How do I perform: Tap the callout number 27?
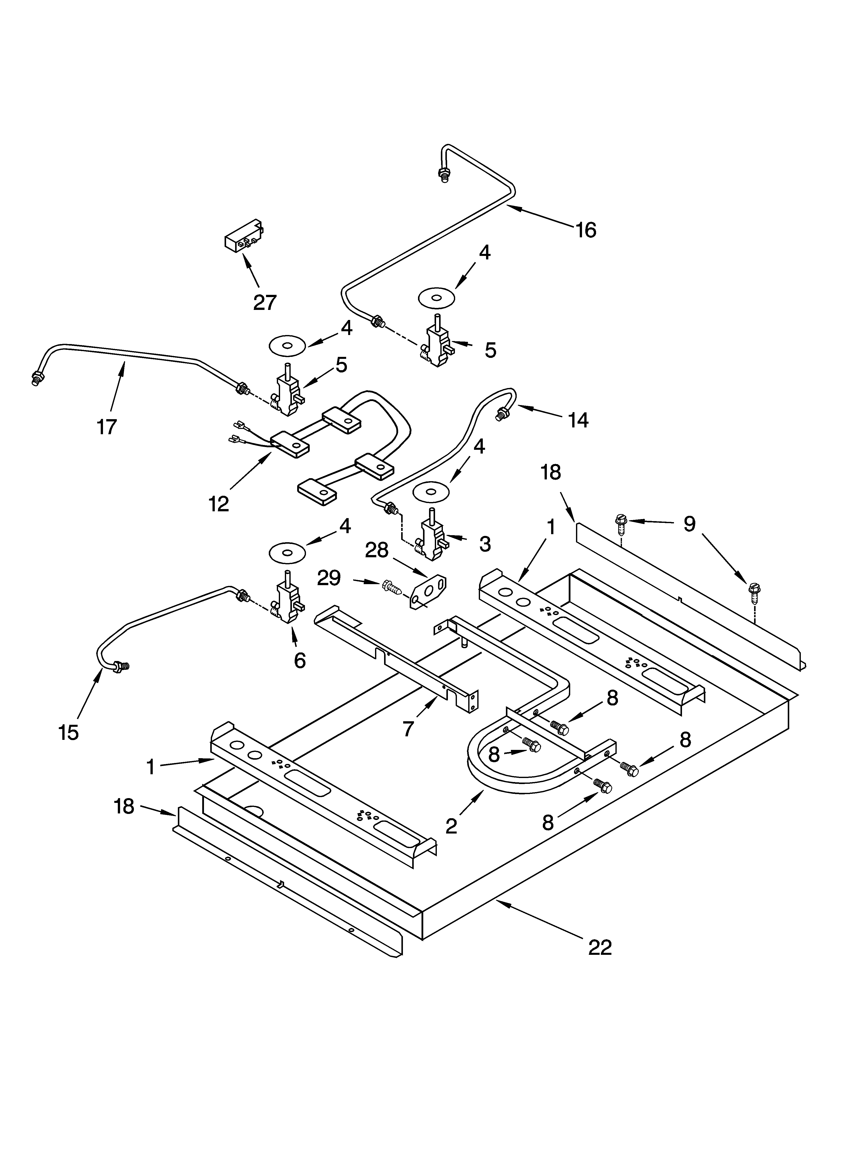[265, 303]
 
